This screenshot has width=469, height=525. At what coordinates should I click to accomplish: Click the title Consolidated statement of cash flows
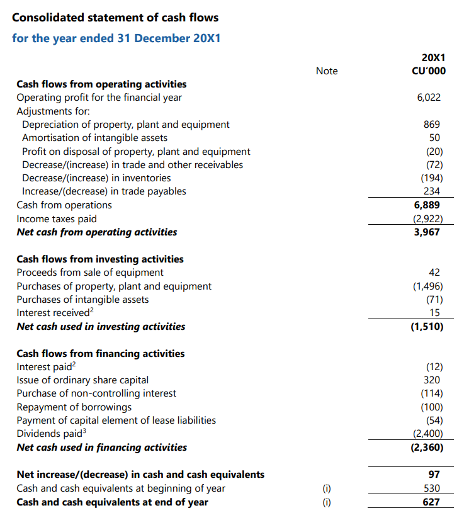click(x=115, y=17)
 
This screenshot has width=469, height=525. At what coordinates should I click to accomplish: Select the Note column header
click(x=327, y=71)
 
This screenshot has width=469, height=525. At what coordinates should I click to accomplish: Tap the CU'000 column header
click(x=428, y=71)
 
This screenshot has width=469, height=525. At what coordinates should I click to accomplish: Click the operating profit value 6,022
click(x=429, y=98)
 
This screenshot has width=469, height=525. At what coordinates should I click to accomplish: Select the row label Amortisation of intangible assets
click(x=94, y=138)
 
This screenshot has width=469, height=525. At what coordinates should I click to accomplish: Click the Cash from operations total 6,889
click(x=427, y=205)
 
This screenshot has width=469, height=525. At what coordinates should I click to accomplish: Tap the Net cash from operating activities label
click(x=96, y=232)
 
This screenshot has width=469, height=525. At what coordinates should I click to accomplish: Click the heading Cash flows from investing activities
click(x=100, y=259)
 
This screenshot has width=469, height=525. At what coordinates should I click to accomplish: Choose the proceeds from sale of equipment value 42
click(x=434, y=273)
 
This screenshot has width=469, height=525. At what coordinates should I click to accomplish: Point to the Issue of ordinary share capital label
click(x=82, y=380)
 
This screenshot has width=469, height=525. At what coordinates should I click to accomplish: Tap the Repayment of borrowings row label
click(x=74, y=407)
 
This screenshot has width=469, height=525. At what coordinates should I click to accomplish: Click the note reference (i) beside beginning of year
click(x=327, y=488)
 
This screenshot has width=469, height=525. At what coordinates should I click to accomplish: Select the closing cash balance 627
click(x=431, y=502)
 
